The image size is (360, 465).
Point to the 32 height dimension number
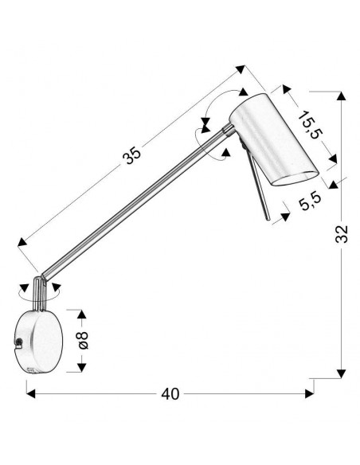tap(342, 234)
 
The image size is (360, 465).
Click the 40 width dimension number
tap(170, 394)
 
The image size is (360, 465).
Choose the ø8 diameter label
tap(83, 340)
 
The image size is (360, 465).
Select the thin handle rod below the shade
tap(259, 188)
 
